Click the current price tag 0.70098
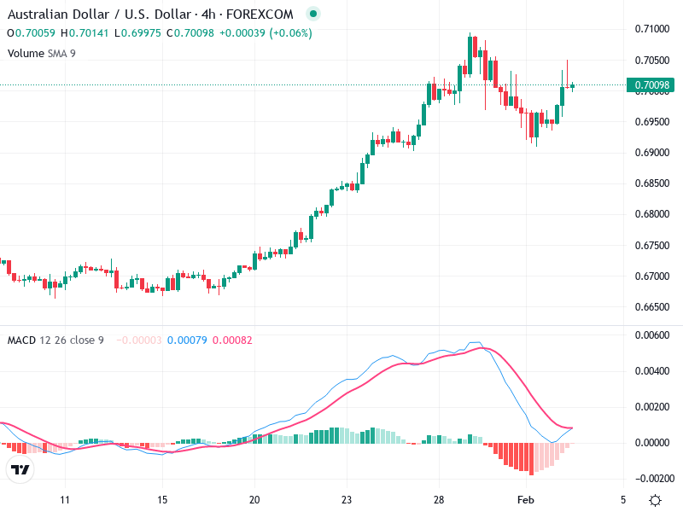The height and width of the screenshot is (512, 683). coord(652,85)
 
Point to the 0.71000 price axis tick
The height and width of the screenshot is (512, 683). coord(653,29)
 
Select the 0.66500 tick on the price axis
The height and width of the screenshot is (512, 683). coord(653,306)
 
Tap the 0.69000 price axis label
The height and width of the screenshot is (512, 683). coord(653,153)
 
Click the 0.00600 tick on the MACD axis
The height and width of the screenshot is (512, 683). coord(653,335)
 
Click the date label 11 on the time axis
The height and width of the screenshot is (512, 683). coord(64,498)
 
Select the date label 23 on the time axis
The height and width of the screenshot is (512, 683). coord(346,498)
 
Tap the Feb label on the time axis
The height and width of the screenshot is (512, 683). coord(526,498)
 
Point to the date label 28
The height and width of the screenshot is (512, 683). coord(439,498)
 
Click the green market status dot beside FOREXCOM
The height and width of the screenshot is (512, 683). coord(312,15)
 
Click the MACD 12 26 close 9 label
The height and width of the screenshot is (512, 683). coord(55,340)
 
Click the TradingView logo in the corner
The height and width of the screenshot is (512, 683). coord(20,470)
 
